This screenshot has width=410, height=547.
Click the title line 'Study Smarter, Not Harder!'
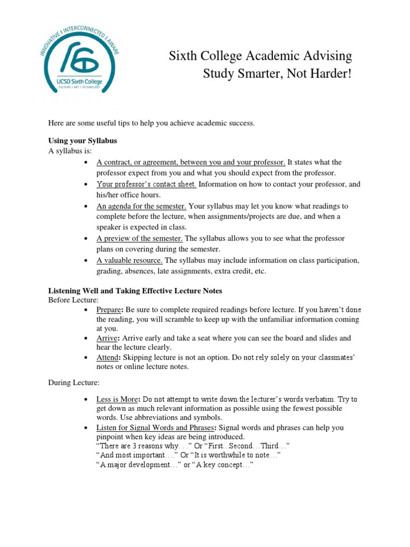pyautogui.click(x=278, y=73)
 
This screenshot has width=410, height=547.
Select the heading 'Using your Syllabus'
pyautogui.click(x=83, y=140)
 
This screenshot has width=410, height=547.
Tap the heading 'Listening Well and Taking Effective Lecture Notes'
pyautogui.click(x=135, y=291)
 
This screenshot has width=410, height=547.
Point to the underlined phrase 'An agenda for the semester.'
pyautogui.click(x=141, y=206)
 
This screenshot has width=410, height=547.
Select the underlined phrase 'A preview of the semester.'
pyautogui.click(x=140, y=238)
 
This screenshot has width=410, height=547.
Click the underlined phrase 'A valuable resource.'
pyautogui.click(x=130, y=260)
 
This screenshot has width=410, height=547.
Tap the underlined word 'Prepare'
pyautogui.click(x=109, y=310)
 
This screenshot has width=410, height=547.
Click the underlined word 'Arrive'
pyautogui.click(x=107, y=338)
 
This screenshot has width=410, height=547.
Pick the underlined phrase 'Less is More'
pyautogui.click(x=117, y=400)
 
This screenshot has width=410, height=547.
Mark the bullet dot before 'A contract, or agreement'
pyautogui.click(x=87, y=162)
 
